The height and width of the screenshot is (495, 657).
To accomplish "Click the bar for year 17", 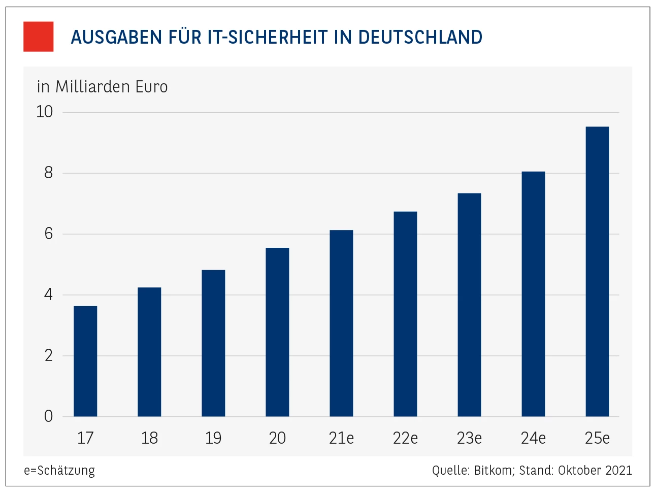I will [85, 361].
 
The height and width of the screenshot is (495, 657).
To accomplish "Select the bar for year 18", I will [149, 352].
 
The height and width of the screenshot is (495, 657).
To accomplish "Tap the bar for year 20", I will [277, 332].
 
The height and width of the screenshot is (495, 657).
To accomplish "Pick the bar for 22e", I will [405, 314].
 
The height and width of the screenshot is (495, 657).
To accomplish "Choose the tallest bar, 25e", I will [597, 272].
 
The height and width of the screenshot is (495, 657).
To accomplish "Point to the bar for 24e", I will [533, 294].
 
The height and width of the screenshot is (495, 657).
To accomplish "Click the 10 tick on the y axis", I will [45, 112].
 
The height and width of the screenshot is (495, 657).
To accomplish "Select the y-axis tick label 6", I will [48, 234].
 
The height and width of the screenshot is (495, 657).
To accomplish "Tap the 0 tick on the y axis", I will [48, 416].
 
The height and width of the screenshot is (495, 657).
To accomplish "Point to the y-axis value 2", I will [48, 355].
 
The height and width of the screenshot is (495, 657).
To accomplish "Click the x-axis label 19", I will [213, 438].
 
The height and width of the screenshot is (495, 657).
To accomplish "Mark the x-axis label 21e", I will [341, 438].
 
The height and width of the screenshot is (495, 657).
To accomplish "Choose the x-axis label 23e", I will [469, 438].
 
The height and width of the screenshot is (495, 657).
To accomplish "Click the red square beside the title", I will [39, 37].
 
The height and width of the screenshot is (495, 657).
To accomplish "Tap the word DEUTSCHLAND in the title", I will [420, 37].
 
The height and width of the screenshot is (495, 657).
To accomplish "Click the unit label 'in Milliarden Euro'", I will [102, 87].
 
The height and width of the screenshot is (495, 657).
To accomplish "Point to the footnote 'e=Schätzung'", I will [59, 470].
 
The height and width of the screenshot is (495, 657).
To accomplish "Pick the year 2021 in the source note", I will [619, 470].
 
